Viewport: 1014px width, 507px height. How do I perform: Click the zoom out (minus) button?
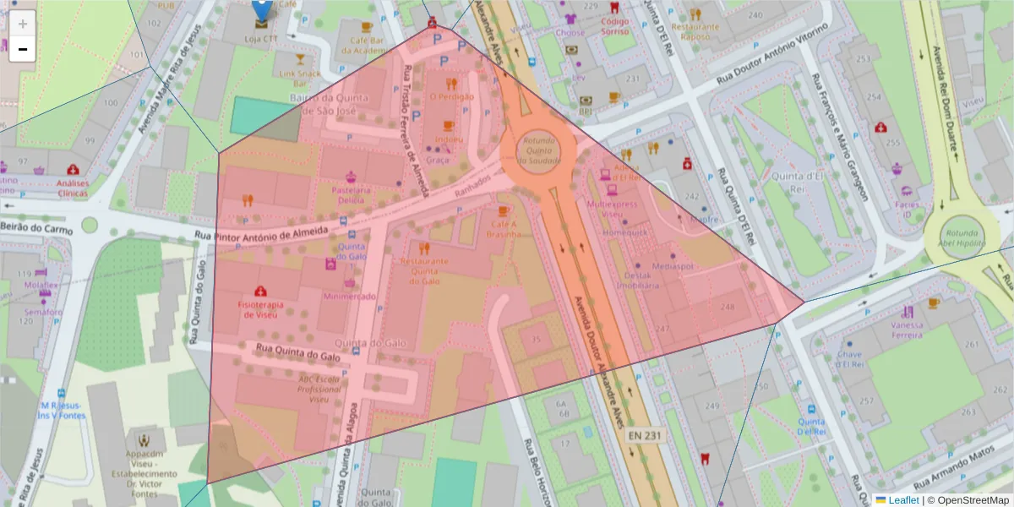pyautogui.click(x=23, y=50)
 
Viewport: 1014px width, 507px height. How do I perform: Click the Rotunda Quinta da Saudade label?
pyautogui.click(x=537, y=150)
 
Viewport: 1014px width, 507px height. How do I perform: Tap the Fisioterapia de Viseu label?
pyautogui.click(x=260, y=309)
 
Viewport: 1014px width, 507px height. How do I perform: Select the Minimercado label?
pyautogui.click(x=349, y=297)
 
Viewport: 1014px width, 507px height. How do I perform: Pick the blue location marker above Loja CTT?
pyautogui.click(x=262, y=9)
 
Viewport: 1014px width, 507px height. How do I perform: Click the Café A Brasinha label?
pyautogui.click(x=504, y=228)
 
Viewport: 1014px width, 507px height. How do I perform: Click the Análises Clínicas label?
pyautogui.click(x=73, y=188)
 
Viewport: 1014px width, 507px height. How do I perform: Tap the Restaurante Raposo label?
pyautogui.click(x=695, y=31)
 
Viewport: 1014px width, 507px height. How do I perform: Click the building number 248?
pyautogui.click(x=728, y=307)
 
